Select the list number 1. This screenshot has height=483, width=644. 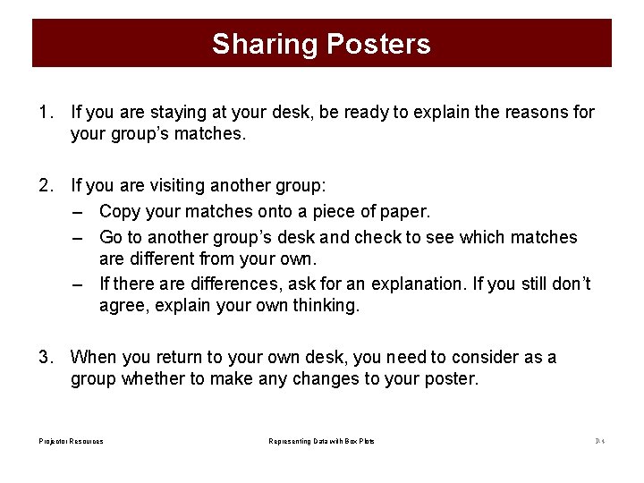(45, 113)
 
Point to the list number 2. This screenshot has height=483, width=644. (45, 186)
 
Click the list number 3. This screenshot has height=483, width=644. (45, 358)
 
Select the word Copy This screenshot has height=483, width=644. (119, 212)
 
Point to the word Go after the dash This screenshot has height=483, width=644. (111, 238)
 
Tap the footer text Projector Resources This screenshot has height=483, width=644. (71, 441)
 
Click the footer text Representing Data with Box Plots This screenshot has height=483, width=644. (321, 441)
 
